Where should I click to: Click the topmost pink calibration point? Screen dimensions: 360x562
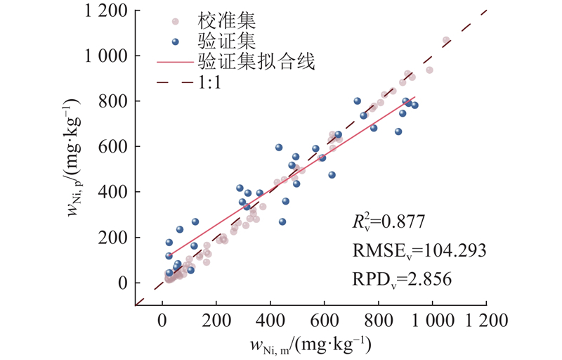[x=445, y=41]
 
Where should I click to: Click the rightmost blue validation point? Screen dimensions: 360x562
[x=414, y=105]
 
